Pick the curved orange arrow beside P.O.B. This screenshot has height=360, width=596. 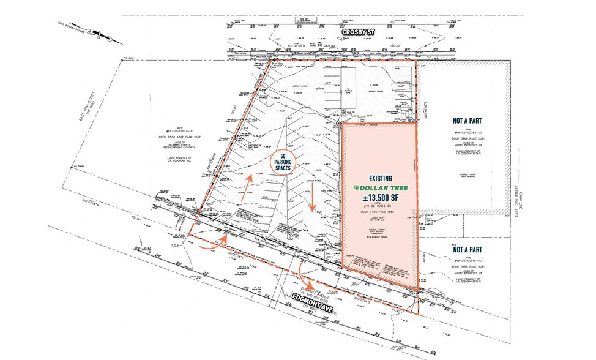209,246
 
